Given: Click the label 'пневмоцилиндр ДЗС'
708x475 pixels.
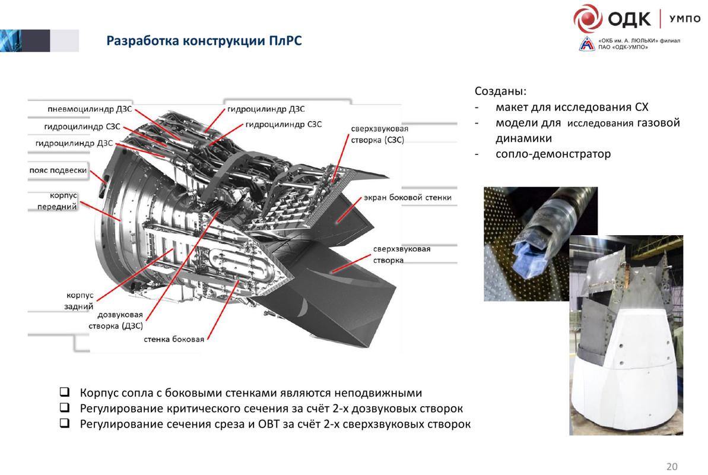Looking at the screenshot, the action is [x=90, y=109].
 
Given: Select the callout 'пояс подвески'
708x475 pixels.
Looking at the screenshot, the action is [x=58, y=170].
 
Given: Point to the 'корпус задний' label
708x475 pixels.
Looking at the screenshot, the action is [x=80, y=300].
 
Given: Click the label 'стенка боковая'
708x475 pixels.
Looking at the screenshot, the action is [x=174, y=339].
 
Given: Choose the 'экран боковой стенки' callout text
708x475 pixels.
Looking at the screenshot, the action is [x=408, y=198].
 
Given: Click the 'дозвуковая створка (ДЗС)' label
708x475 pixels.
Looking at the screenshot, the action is [x=116, y=320].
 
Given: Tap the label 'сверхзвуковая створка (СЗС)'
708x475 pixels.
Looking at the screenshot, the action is [x=379, y=134].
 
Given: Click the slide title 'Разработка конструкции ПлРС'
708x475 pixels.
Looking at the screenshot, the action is [x=204, y=41].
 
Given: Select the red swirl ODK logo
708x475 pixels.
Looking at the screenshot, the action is [x=588, y=18].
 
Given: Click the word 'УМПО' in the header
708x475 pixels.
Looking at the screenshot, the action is [x=684, y=18].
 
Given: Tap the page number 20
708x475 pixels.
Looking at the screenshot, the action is [x=672, y=467].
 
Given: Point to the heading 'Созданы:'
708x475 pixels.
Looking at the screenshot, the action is [x=500, y=91].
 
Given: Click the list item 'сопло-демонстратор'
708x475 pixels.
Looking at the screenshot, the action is [x=553, y=154].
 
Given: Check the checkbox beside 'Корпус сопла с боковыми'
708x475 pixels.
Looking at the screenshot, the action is [x=65, y=392].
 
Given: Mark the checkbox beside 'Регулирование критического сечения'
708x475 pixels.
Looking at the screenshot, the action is [x=65, y=408].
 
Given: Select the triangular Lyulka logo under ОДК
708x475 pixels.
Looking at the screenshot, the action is [x=587, y=44].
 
